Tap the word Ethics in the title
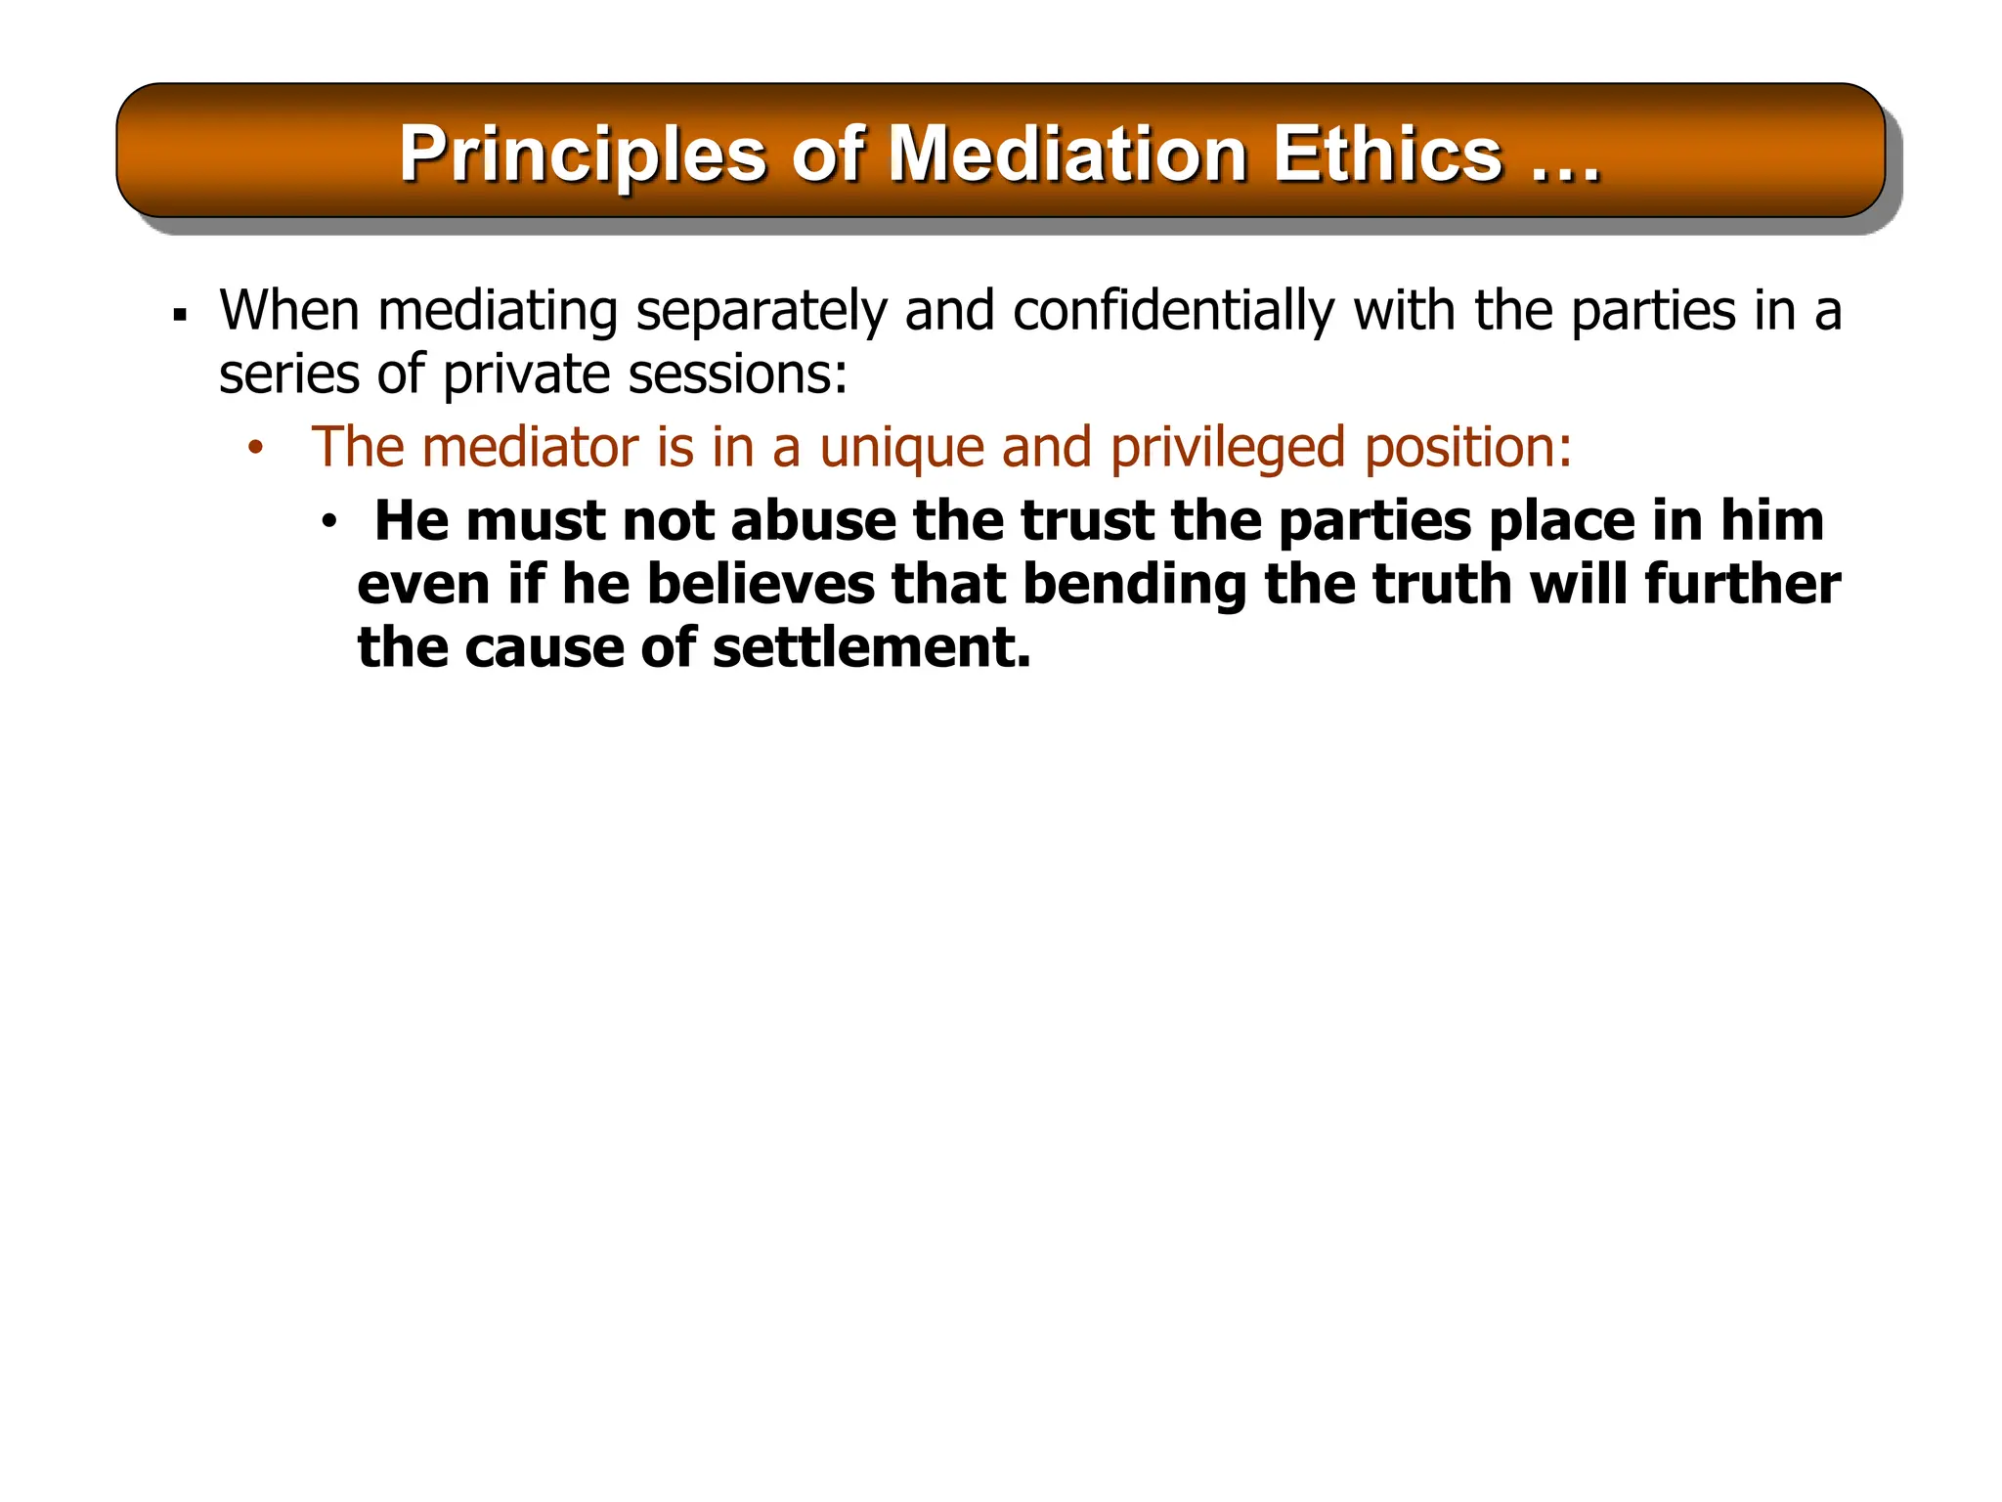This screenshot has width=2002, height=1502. coord(1387,155)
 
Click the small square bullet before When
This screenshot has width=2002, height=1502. coord(179,315)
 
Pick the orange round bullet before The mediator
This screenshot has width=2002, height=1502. coord(255,449)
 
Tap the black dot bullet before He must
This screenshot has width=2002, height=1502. coord(328,522)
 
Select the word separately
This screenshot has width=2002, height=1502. coord(761,311)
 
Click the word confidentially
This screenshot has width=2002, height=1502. coord(1173,311)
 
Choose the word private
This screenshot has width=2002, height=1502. coord(527,375)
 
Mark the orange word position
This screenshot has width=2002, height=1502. coord(1467,449)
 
